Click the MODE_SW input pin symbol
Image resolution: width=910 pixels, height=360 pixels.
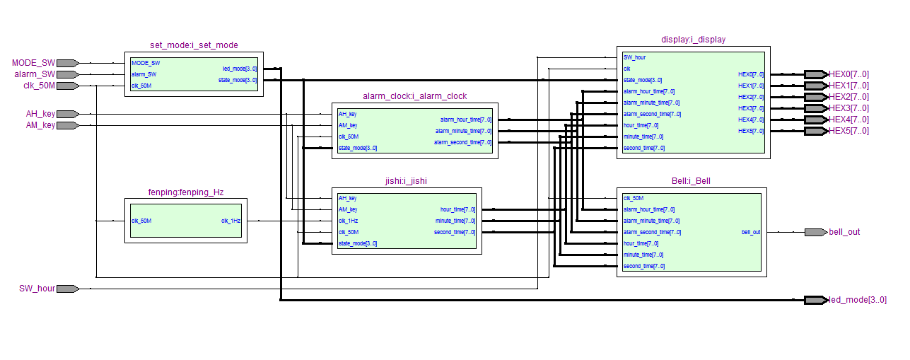pyautogui.click(x=67, y=63)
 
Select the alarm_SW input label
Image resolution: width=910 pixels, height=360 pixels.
pyautogui.click(x=34, y=74)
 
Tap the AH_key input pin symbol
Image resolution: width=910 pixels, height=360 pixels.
pyautogui.click(x=67, y=114)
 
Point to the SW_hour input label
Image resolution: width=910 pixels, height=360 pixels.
pyautogui.click(x=37, y=289)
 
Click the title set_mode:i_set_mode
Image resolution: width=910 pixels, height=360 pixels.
pyautogui.click(x=194, y=45)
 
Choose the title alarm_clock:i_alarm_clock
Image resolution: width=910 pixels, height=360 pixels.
pyautogui.click(x=414, y=96)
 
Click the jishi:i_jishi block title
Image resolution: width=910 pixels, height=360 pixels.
pyautogui.click(x=406, y=181)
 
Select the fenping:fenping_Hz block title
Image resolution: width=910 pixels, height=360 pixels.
pyautogui.click(x=186, y=192)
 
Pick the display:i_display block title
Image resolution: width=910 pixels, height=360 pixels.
pyautogui.click(x=693, y=40)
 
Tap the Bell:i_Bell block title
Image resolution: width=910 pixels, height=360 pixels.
pyautogui.click(x=691, y=181)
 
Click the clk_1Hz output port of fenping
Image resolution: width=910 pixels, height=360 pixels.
pyautogui.click(x=231, y=221)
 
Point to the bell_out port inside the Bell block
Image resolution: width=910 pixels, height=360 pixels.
pyautogui.click(x=751, y=232)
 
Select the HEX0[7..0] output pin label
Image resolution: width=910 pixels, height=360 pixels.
pyautogui.click(x=848, y=74)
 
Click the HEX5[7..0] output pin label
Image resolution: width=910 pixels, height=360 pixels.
pyautogui.click(x=848, y=131)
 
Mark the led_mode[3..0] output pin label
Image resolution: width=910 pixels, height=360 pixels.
pyautogui.click(x=857, y=300)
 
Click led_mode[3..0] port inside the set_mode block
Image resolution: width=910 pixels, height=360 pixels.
pyautogui.click(x=240, y=69)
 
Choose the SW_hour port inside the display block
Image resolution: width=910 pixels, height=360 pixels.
pyautogui.click(x=634, y=57)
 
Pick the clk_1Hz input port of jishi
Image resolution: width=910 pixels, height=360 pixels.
pyautogui.click(x=348, y=221)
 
